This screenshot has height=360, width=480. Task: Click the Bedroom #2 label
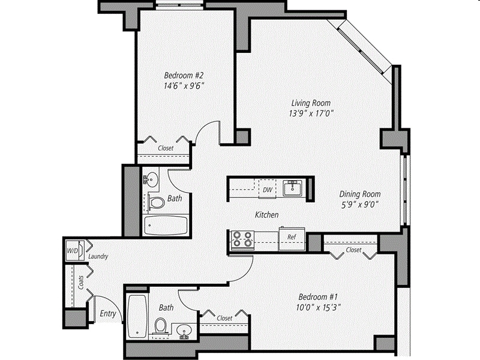(x=185, y=76)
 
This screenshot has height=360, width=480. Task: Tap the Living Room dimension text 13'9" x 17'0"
(x=310, y=112)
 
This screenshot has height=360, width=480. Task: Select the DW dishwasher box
(x=267, y=190)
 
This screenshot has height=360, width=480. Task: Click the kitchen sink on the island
(x=294, y=188)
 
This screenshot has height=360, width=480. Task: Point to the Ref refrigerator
(x=292, y=238)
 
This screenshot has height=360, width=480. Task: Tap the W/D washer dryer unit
(x=73, y=250)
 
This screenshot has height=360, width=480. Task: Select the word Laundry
(x=98, y=257)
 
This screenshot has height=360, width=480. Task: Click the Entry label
(x=108, y=314)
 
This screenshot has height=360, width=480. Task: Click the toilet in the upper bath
(x=157, y=203)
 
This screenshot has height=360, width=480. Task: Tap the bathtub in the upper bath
(x=166, y=226)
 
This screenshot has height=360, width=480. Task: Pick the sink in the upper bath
(x=151, y=179)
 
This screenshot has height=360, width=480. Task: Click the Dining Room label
(x=359, y=194)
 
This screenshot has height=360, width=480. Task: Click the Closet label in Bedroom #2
(x=166, y=148)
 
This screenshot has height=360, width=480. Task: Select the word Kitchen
(x=266, y=215)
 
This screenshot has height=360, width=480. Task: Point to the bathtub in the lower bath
(x=137, y=316)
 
